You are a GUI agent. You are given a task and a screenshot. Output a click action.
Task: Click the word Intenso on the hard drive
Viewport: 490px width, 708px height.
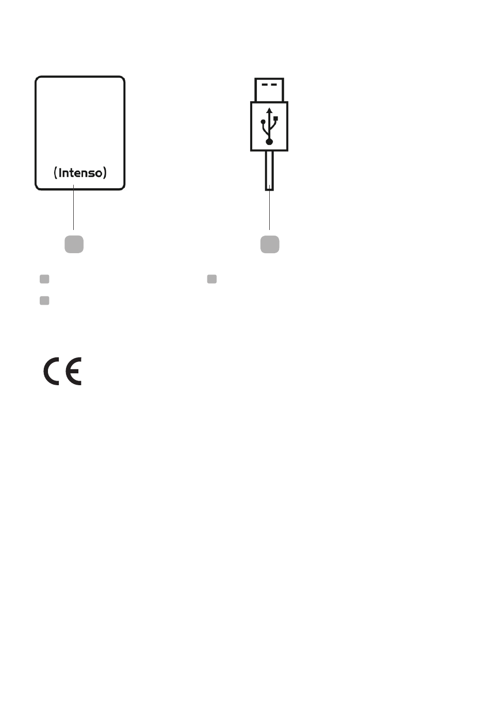[x=80, y=173]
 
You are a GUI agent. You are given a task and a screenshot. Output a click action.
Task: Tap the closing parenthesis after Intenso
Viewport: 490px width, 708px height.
[x=105, y=173]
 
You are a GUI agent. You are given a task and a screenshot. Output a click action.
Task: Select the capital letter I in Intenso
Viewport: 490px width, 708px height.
[x=60, y=173]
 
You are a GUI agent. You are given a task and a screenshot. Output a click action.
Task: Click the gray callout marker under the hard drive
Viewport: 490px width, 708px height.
[x=74, y=244]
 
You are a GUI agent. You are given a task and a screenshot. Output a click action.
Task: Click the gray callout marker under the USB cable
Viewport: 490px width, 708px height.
[x=270, y=244]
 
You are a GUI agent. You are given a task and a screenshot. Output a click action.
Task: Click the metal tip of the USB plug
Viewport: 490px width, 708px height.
[x=269, y=90]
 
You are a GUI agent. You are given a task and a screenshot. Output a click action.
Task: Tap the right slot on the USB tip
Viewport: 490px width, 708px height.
[x=274, y=84]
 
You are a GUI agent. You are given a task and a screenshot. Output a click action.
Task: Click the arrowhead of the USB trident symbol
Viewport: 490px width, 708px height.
[x=269, y=110]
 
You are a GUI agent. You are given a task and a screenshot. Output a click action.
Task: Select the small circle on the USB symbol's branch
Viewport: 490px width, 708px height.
[x=263, y=122]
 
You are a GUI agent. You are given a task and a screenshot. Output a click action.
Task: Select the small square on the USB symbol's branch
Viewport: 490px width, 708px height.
[x=276, y=119]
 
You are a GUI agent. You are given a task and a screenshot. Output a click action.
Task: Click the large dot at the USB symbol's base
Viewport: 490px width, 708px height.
[x=269, y=141]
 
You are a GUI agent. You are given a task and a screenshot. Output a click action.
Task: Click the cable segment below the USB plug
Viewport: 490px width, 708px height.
[x=269, y=170]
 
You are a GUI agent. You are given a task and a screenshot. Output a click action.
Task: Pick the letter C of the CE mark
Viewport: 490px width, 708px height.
[x=52, y=372]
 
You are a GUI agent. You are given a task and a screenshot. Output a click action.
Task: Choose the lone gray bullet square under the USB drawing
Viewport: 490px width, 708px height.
[x=211, y=279]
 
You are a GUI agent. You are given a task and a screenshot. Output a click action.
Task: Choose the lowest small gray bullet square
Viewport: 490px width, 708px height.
[x=44, y=300]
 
